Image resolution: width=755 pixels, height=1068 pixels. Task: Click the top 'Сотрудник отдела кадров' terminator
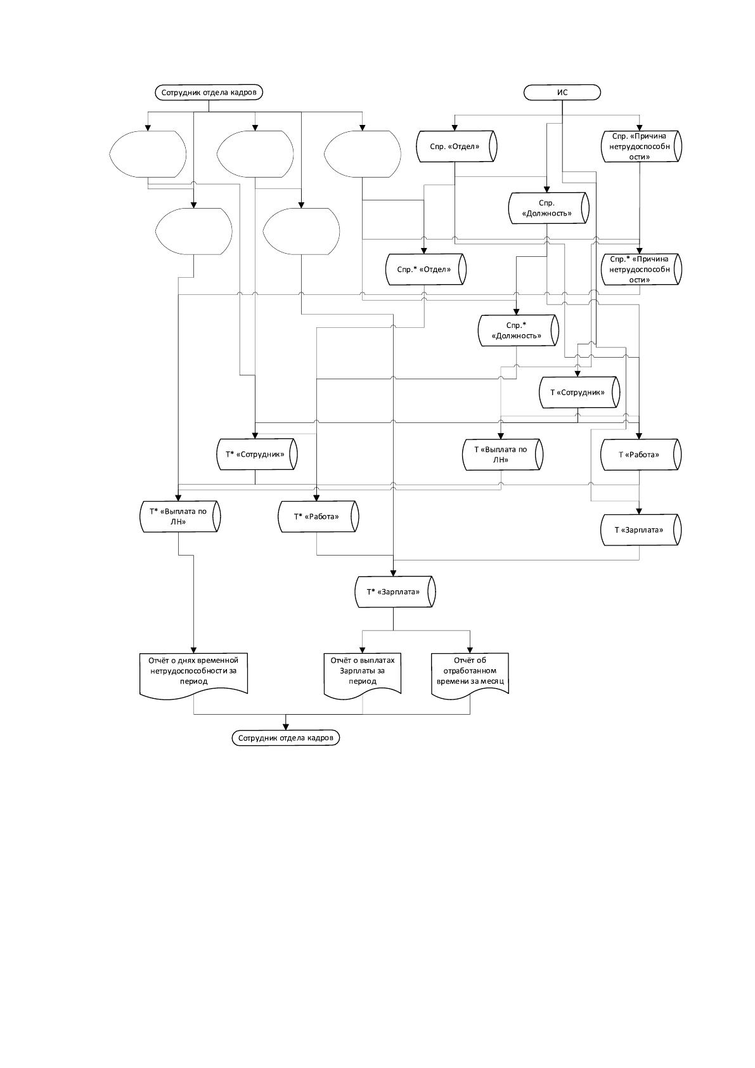[x=209, y=93]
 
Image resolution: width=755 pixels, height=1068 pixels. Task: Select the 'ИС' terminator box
[x=562, y=93]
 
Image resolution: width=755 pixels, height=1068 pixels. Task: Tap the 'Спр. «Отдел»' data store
[x=456, y=147]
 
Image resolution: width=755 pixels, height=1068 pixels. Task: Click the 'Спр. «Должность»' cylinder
[x=549, y=209]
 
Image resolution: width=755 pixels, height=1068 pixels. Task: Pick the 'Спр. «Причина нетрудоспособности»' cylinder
[x=642, y=147]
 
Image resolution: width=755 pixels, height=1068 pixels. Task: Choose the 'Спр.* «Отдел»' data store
[x=425, y=270]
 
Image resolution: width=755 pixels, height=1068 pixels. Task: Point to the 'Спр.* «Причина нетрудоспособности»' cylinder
[x=642, y=270]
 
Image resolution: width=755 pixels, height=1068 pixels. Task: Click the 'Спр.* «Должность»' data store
[x=518, y=331]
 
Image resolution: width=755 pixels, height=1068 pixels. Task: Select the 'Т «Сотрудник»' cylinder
[x=580, y=393]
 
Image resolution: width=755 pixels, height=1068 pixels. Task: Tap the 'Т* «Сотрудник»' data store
[x=257, y=454]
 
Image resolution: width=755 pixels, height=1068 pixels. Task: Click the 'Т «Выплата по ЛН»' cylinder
[x=503, y=454]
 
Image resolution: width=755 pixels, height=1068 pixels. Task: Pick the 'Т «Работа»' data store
[x=641, y=454]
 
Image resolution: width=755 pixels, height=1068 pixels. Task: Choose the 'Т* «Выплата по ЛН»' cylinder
[x=180, y=516]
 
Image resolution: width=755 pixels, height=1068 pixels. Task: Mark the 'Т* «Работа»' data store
[x=319, y=516]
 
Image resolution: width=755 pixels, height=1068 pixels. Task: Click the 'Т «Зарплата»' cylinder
[x=641, y=530]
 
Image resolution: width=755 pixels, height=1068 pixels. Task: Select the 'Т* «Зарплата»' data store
[x=396, y=592]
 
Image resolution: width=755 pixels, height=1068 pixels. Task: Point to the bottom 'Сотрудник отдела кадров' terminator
[x=286, y=738]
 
